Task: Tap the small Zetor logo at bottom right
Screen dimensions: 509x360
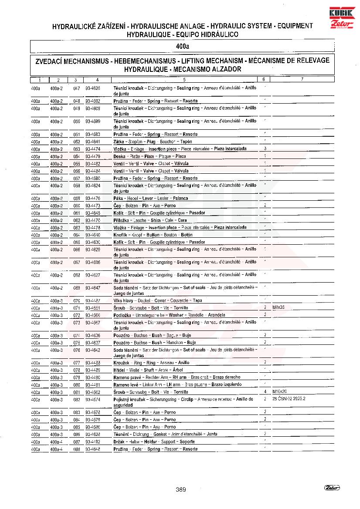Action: pos(332,488)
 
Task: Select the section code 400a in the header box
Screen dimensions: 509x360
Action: pos(182,46)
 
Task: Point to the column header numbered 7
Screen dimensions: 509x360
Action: pos(302,80)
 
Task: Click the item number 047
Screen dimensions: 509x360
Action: pos(77,88)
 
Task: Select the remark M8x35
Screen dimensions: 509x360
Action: pos(278,307)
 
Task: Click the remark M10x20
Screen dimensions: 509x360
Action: pos(279,391)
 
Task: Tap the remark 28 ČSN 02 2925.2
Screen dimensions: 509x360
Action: pos(289,398)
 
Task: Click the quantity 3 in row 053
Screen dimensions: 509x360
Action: pos(265,148)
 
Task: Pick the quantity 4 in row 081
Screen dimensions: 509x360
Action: pos(265,391)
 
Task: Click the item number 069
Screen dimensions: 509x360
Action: pos(77,288)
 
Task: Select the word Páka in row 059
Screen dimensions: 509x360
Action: pos(119,198)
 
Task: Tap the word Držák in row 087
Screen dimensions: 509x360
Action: pos(120,441)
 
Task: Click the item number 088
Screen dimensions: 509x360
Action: pos(77,448)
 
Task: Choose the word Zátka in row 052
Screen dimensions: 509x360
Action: pos(119,142)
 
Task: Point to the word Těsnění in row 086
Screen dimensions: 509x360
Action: pos(122,434)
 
